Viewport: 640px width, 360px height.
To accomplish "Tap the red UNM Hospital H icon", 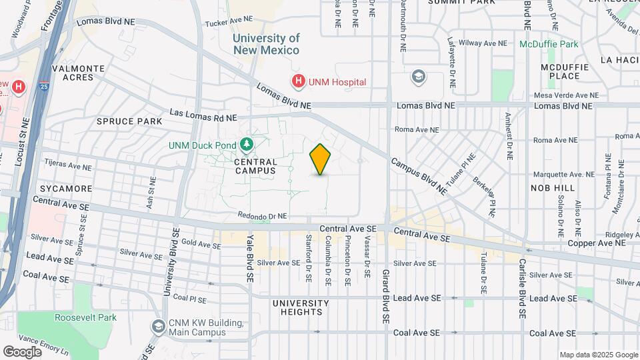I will tap(298, 81).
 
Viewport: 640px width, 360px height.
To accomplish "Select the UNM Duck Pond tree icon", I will tap(247, 145).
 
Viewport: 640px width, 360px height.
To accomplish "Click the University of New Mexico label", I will tap(266, 45).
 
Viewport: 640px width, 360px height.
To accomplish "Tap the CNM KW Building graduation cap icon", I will tap(158, 327).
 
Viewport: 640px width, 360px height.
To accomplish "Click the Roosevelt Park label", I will tap(85, 317).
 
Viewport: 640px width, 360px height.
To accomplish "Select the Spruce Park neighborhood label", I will tap(129, 121).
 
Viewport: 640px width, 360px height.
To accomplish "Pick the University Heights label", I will tap(301, 308).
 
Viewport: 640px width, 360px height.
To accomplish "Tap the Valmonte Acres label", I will tap(78, 73).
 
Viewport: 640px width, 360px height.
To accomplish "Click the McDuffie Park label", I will tap(549, 44).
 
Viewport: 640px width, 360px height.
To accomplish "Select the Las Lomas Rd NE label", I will tap(203, 117).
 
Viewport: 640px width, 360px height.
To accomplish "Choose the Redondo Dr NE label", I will tap(263, 216).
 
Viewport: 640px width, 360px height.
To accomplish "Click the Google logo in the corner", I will tap(22, 351).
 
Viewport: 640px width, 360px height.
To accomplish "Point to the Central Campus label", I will tap(255, 166).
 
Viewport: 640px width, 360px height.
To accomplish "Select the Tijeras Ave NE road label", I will tap(67, 163).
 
